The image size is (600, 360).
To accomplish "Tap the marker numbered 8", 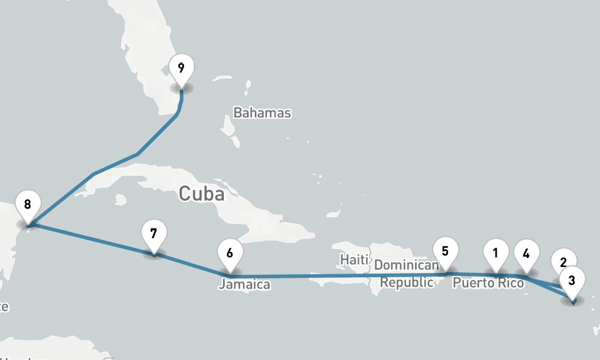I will tap(28, 205).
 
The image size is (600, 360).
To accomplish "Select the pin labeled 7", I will tap(154, 234).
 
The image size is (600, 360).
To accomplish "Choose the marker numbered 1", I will tap(496, 253).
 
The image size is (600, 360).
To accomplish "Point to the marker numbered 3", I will tap(572, 281).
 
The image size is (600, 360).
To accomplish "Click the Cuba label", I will tap(201, 194).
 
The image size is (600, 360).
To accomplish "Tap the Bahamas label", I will tap(262, 113).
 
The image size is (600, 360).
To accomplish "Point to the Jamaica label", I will tap(244, 284).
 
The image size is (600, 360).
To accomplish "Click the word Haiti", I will tap(353, 260).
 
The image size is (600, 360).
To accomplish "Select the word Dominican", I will tap(407, 265).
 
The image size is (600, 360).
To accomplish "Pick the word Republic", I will tap(407, 283).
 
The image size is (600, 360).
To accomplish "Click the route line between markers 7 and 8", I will tap(90, 240).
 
